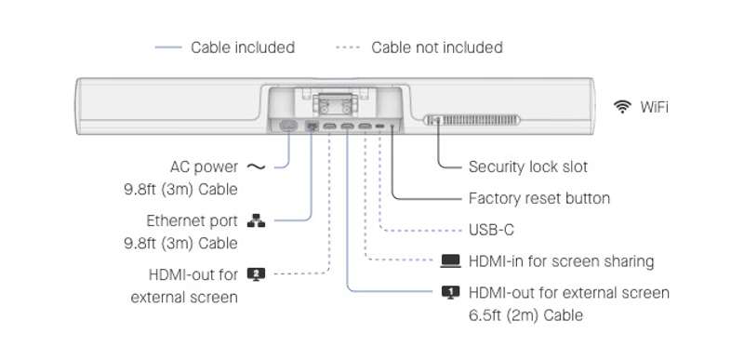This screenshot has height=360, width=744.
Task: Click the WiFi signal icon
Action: [621, 107]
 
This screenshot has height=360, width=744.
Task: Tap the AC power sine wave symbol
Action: [257, 167]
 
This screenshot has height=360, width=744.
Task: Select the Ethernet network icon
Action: [257, 220]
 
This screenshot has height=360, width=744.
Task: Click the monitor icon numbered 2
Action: [257, 274]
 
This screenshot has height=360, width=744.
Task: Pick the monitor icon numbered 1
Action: [451, 292]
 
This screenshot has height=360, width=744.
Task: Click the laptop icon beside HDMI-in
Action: [450, 261]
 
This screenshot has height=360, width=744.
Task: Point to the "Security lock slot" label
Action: [528, 167]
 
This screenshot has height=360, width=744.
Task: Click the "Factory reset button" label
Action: [539, 198]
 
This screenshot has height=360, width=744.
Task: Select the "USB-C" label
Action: [491, 230]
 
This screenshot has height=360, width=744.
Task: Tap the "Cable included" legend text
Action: [243, 47]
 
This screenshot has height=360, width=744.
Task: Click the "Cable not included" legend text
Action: [437, 47]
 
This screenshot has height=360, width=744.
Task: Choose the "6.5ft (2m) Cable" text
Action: [525, 315]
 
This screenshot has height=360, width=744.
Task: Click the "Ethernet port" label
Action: [192, 221]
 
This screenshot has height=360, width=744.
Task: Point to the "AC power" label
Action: [204, 167]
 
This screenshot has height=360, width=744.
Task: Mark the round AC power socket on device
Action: [288, 126]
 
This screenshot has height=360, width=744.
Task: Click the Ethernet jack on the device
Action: [312, 127]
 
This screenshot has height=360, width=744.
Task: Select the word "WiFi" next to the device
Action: [655, 107]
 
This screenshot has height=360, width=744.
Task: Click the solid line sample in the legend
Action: [168, 47]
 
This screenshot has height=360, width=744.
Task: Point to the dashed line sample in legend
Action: [348, 47]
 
